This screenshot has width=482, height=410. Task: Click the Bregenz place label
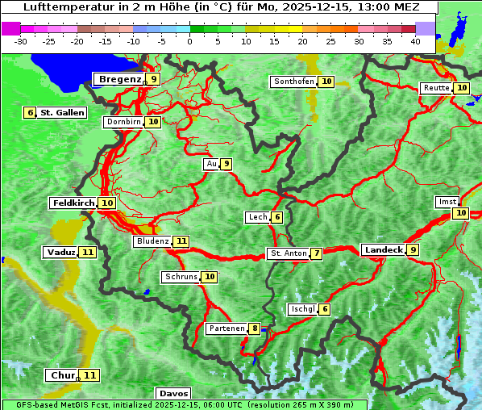pyautogui.click(x=119, y=79)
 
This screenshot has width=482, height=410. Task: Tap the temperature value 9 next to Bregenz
pyautogui.click(x=153, y=79)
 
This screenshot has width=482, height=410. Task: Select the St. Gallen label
pyautogui.click(x=62, y=113)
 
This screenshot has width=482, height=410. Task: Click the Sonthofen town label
pyautogui.click(x=293, y=82)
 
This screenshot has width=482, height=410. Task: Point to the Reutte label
pyautogui.click(x=436, y=88)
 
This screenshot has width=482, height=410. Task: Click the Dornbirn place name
pyautogui.click(x=124, y=122)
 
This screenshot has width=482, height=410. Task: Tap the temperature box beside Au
pyautogui.click(x=226, y=164)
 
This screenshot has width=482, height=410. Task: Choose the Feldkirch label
pyautogui.click(x=73, y=203)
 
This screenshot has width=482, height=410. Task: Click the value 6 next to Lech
pyautogui.click(x=276, y=217)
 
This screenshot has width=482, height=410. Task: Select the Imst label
pyautogui.click(x=446, y=201)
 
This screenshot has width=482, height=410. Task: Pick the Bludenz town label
pyautogui.click(x=152, y=241)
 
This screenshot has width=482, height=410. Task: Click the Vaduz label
pyautogui.click(x=60, y=253)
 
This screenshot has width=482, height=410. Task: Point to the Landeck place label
pyautogui.click(x=383, y=250)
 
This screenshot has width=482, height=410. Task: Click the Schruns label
pyautogui.click(x=181, y=277)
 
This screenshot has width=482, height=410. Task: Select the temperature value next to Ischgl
pyautogui.click(x=324, y=309)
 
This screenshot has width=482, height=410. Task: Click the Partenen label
pyautogui.click(x=226, y=328)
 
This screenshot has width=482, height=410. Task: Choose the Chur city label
pyautogui.click(x=62, y=375)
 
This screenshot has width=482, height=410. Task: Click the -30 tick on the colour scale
pyautogui.click(x=21, y=41)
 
